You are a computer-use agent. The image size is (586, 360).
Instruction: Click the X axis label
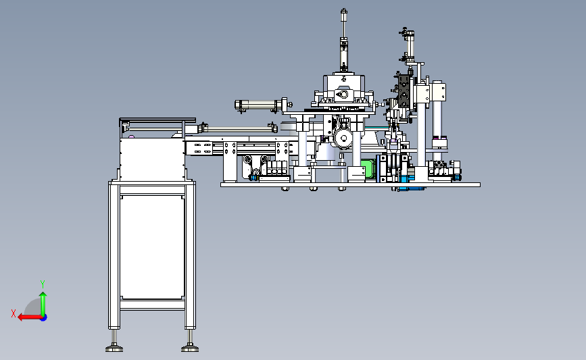click(x=14, y=313)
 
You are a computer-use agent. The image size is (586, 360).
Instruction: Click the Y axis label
click(x=43, y=284)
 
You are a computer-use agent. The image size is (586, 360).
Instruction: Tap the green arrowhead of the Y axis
click(x=43, y=295)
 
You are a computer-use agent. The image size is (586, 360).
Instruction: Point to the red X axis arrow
click(x=30, y=317)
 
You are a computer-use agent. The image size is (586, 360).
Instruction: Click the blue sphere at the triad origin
click(x=44, y=318)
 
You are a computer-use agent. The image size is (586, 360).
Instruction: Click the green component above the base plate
click(x=368, y=170)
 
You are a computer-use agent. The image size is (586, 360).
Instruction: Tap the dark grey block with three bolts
click(x=404, y=91)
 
